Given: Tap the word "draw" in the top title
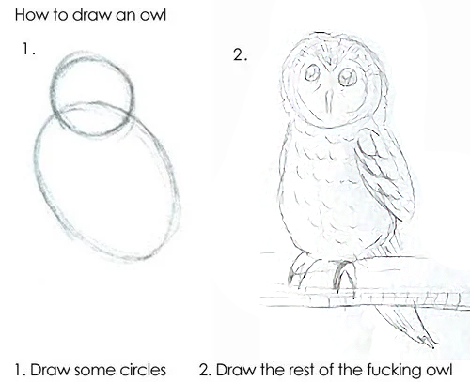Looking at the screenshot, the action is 91,15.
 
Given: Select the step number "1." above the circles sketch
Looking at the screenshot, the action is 28,49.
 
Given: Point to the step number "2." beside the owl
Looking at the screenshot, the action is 241,55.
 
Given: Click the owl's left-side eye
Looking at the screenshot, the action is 312,73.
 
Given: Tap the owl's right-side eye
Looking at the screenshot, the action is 348,77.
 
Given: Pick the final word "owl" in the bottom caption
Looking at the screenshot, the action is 439,370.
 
